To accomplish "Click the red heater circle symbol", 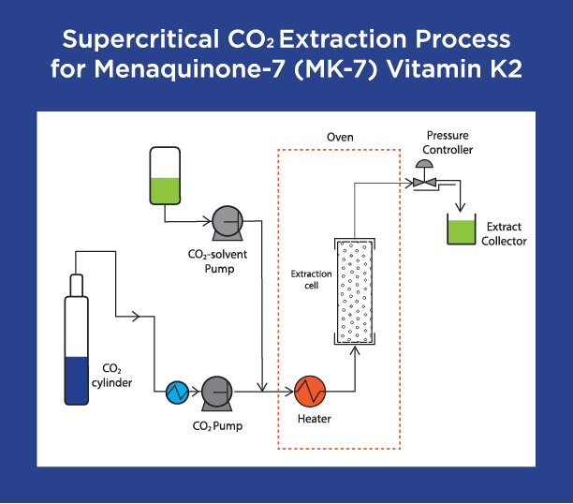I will click(309, 390).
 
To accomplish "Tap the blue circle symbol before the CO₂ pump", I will click(177, 390).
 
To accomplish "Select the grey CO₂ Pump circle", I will click(216, 391).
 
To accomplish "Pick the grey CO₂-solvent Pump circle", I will click(228, 221).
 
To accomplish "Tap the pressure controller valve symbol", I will click(425, 182).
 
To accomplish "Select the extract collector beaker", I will click(459, 231).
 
